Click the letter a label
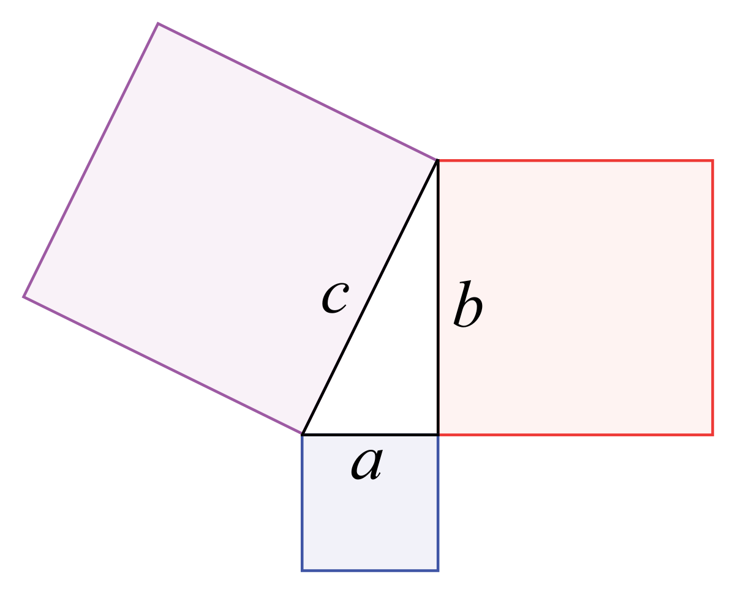click(x=367, y=464)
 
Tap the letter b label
click(x=467, y=304)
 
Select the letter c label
click(x=335, y=298)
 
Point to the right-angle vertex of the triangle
click(x=437, y=435)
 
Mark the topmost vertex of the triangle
click(x=437, y=160)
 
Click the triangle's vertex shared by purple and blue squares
click(x=303, y=434)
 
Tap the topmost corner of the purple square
click(x=157, y=23)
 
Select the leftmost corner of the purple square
click(x=23, y=296)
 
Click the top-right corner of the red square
click(x=712, y=160)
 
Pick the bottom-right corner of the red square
click(x=712, y=435)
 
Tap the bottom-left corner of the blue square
click(x=303, y=570)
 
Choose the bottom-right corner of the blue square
click(x=438, y=570)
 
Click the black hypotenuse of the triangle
click(x=370, y=297)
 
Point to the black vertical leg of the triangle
click(x=437, y=297)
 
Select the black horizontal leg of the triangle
click(x=370, y=435)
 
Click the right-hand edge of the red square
click(x=712, y=297)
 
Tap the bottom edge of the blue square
click(x=370, y=570)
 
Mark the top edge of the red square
click(x=575, y=160)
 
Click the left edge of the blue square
click(x=303, y=502)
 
